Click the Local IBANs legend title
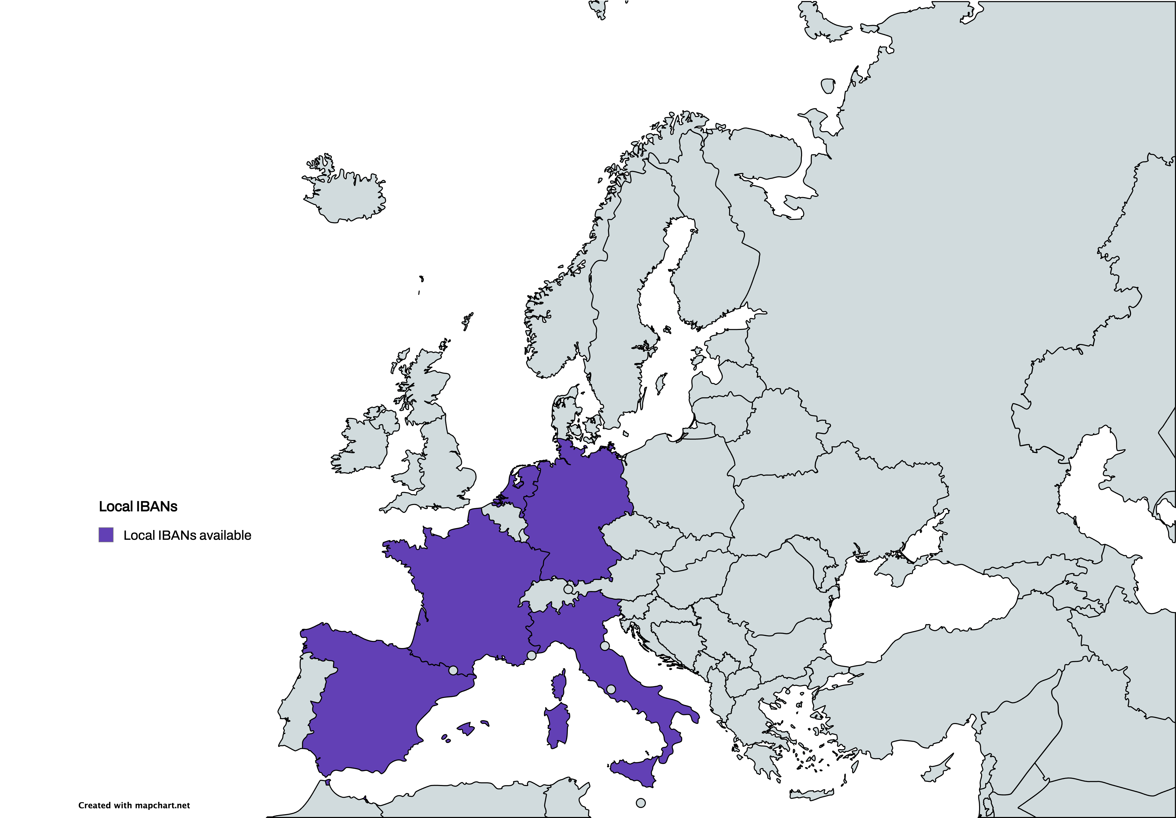tap(138, 507)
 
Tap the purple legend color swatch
tap(106, 535)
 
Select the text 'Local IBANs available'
tap(187, 535)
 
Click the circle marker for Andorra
tap(453, 670)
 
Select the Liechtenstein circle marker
tap(568, 589)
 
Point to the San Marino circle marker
tap(605, 646)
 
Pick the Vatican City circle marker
tap(611, 690)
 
